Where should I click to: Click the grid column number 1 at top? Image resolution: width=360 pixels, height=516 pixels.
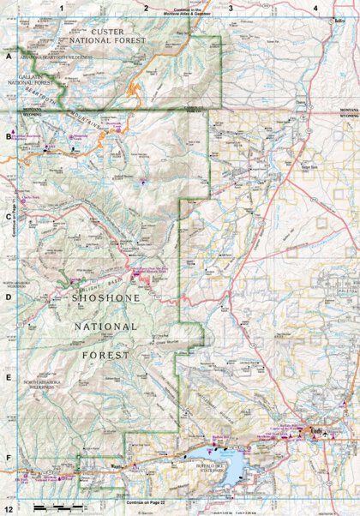click(63, 8)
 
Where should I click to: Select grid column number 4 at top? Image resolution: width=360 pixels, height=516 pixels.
click(315, 8)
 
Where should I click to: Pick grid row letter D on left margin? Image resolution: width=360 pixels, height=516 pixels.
click(8, 297)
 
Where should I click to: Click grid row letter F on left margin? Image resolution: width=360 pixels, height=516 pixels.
click(8, 457)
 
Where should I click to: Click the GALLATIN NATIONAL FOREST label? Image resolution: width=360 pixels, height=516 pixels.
click(33, 78)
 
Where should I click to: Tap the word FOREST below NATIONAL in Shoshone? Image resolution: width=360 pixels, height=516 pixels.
click(103, 352)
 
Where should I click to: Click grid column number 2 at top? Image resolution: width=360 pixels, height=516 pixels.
click(147, 8)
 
